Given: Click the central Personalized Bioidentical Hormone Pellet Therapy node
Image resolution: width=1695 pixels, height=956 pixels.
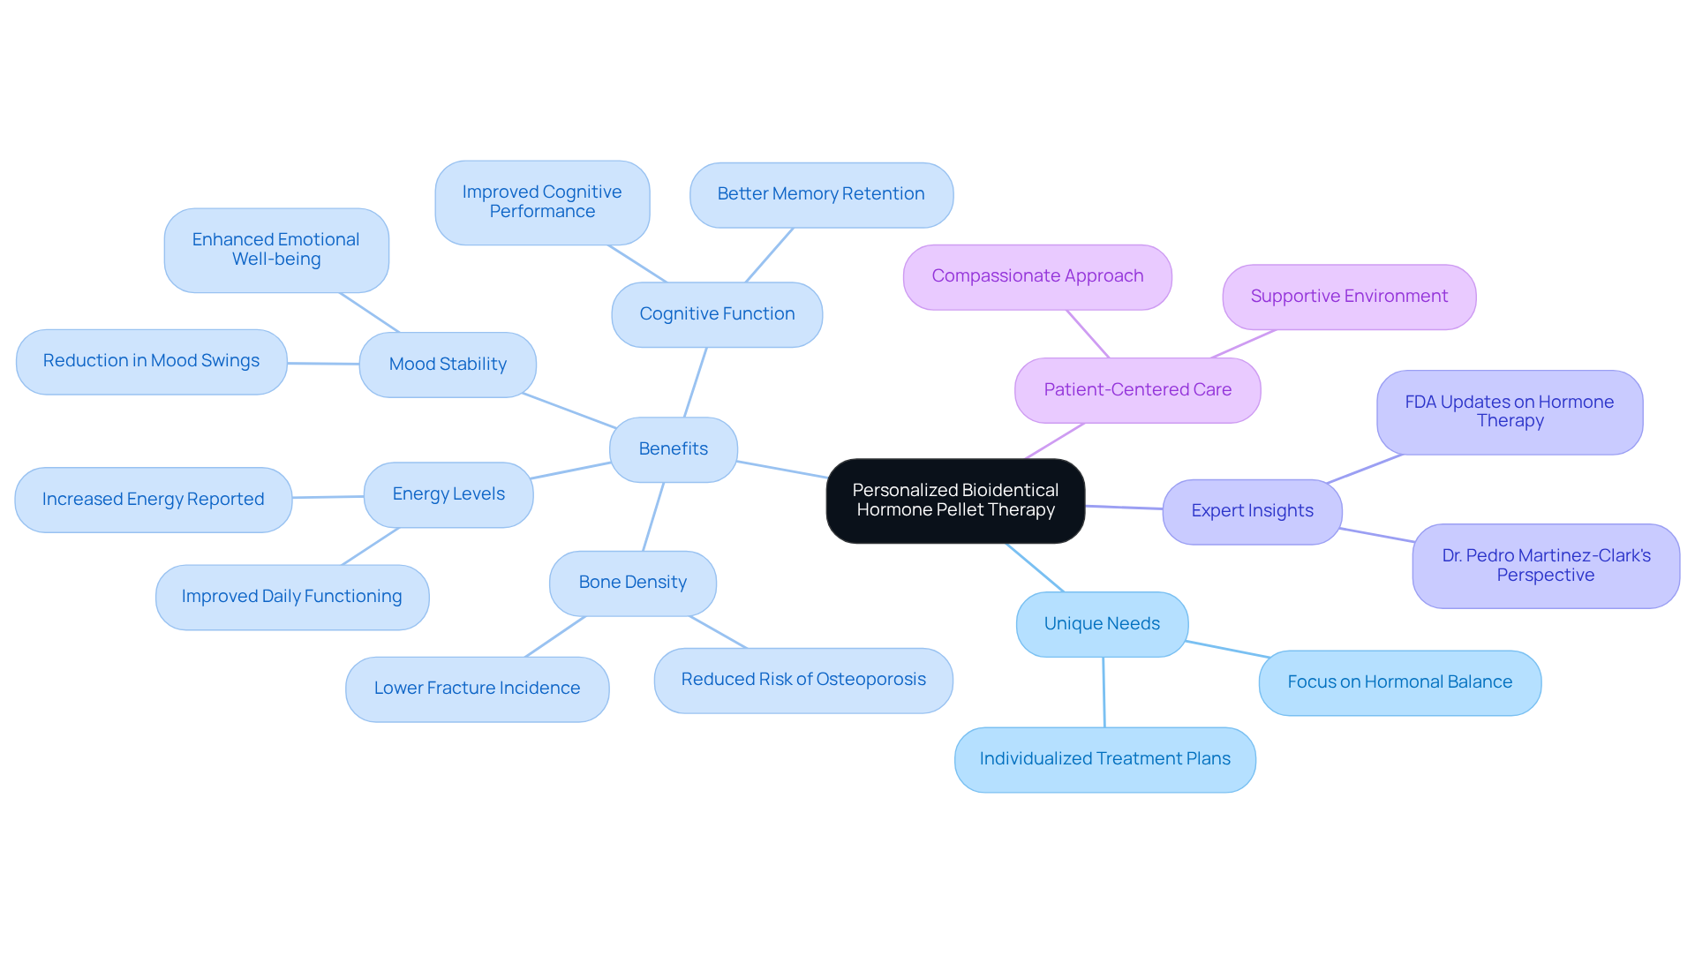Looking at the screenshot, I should click(x=955, y=501).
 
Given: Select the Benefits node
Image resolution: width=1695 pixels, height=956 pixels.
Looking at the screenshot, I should click(x=673, y=449).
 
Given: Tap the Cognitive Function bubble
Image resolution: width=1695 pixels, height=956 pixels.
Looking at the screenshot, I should click(x=717, y=314).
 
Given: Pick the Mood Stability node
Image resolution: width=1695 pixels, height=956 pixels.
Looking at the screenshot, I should click(x=448, y=365).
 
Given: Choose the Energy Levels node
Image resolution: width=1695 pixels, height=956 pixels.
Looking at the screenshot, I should click(x=448, y=494).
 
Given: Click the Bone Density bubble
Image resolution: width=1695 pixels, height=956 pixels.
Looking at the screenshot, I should click(x=632, y=583).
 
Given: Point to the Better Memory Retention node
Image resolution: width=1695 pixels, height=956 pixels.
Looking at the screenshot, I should click(x=821, y=194).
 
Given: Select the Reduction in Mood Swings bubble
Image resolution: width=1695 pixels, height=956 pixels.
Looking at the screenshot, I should click(x=151, y=361).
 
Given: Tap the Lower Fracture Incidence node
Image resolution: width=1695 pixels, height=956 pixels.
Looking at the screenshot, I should click(x=477, y=689).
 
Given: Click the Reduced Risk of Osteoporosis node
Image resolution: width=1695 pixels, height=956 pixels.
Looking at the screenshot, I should click(x=803, y=680).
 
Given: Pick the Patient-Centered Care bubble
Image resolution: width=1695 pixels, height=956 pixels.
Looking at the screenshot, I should click(x=1137, y=390).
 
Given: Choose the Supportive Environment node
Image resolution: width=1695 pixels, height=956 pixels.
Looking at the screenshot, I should click(x=1349, y=297).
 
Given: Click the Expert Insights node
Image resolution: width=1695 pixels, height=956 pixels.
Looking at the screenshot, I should click(x=1252, y=511).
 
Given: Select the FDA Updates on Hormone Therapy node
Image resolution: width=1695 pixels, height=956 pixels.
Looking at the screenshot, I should click(x=1510, y=412).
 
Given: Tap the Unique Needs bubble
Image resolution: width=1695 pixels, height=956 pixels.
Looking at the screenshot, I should click(x=1102, y=624).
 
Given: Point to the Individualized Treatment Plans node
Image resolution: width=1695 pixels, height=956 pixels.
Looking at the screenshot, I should click(x=1104, y=759).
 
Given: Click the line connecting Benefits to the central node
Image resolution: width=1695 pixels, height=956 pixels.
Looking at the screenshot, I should click(x=782, y=470).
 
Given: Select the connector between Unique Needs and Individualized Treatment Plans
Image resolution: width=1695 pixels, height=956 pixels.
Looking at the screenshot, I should click(x=1104, y=692).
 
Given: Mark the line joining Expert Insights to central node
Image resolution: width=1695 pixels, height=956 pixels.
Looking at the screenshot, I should click(x=1124, y=508).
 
